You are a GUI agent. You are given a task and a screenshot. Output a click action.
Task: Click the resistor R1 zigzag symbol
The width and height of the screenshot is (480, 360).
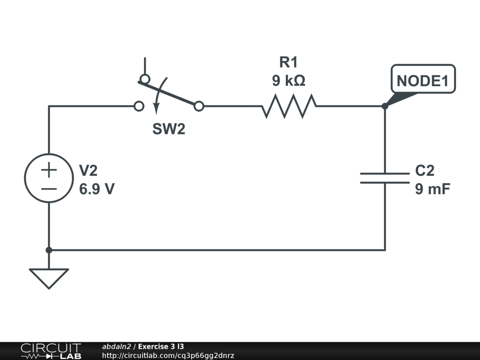coord(289,106)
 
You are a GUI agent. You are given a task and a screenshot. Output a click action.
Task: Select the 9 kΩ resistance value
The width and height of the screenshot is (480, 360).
coord(288,81)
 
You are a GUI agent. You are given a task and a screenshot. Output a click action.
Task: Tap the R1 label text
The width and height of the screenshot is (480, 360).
coord(288,62)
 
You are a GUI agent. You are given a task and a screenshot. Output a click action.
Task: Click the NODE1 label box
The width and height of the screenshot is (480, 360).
coord(423,79)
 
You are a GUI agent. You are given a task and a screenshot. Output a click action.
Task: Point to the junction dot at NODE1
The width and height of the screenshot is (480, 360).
coord(385,106)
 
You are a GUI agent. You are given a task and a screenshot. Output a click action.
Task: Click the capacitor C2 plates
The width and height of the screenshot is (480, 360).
coord(385,178)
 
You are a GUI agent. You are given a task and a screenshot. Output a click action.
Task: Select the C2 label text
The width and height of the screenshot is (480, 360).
coord(425,171)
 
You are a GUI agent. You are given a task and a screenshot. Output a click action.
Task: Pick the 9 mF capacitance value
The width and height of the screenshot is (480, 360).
coord(433,188)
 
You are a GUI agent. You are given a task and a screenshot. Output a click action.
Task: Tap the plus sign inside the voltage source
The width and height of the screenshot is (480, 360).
coord(49,170)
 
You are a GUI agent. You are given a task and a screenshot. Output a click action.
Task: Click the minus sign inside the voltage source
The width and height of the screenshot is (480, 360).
coord(49,189)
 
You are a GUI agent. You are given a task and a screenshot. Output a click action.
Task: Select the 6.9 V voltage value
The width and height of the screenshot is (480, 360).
coord(97,189)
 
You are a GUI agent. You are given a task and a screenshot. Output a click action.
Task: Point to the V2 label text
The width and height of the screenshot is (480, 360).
coord(88,171)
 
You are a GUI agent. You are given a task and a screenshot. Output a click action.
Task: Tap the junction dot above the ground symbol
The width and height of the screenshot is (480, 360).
coord(49,250)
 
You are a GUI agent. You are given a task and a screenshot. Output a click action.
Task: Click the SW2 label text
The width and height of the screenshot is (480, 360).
coord(169,129)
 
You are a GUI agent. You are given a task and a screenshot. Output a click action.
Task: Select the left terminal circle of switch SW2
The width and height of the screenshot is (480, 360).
coord(139,106)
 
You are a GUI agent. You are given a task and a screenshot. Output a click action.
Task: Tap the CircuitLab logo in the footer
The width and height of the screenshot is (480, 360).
coord(51,351)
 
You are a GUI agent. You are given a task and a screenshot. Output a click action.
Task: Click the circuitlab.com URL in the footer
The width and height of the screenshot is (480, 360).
coord(168,355)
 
